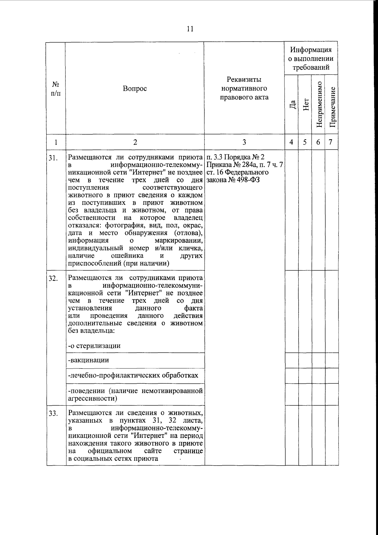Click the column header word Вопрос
point(135,89)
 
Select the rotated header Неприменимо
point(319,105)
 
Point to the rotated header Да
point(292,105)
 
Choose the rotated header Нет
point(305,104)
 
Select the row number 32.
point(53,279)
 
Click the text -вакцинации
point(89,360)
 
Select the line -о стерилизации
point(94,345)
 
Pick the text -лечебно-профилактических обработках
point(133,375)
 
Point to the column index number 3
point(244,142)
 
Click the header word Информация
point(311,50)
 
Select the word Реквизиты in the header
point(244,79)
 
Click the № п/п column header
point(56,89)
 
